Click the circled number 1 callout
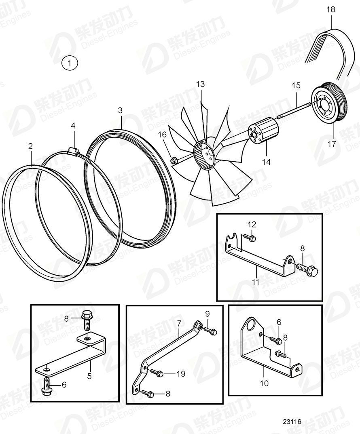pos(70,63)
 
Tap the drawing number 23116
pos(292,421)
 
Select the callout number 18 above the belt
pos(331,9)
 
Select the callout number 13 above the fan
pos(201,84)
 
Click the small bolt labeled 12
pos(250,238)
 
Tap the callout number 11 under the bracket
pos(256,282)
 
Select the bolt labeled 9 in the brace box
pos(211,331)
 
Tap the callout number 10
pos(264,383)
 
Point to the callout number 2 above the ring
pos(30,146)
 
